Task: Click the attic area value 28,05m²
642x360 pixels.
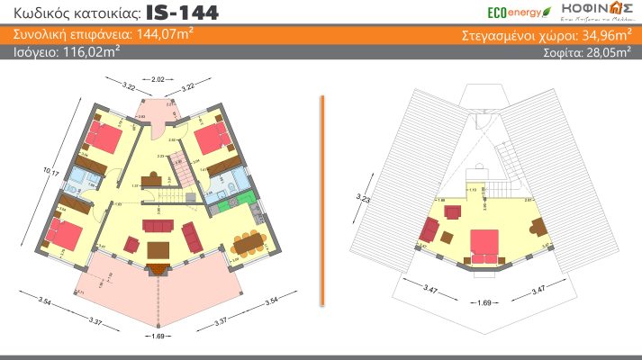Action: click(x=609, y=52)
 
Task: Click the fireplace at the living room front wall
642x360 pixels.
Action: click(x=160, y=266)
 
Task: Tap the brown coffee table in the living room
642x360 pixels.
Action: click(x=159, y=248)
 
